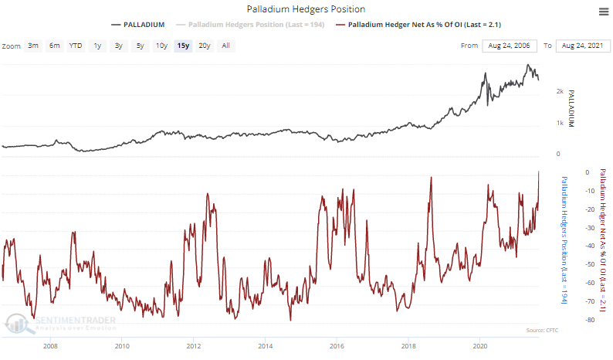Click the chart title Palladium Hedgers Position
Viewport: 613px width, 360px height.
point(306,8)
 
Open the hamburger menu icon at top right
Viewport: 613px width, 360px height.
point(603,11)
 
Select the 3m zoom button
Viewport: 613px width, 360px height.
point(33,46)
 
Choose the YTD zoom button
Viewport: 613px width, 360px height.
point(76,46)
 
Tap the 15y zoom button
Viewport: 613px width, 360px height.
point(182,46)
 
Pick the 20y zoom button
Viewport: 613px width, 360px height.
point(204,46)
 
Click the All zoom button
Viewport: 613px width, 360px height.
point(225,46)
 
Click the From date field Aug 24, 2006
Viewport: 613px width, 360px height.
point(510,46)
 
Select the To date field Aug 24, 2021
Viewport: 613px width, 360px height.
point(583,46)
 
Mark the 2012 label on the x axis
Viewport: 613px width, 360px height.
point(193,347)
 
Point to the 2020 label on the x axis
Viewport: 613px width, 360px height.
point(479,347)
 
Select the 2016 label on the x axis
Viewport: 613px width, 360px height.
point(337,347)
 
